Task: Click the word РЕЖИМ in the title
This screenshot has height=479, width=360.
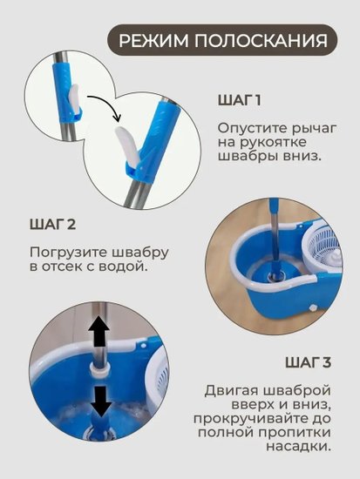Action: coord(153,41)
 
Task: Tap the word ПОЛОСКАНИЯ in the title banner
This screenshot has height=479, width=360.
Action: coord(261,41)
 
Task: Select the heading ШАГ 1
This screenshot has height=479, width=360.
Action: coord(240,100)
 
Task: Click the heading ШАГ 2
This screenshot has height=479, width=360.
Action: coord(52,225)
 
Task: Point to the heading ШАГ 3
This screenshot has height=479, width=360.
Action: coord(309,362)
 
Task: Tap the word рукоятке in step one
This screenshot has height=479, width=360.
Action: coord(272,143)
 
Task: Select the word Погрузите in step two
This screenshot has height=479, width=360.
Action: coord(69,253)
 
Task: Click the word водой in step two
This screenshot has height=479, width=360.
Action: coord(123,266)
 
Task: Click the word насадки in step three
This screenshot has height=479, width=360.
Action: coord(298,447)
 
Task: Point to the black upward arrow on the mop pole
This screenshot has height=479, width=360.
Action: coord(98,331)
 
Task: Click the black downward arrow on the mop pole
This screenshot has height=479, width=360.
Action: coord(101,401)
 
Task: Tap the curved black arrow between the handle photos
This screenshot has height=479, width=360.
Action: coord(105,103)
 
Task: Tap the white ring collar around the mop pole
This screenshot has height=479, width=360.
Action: coord(98,368)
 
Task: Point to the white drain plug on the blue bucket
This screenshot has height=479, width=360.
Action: coord(313,308)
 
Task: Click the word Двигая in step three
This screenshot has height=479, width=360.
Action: coord(231,391)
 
